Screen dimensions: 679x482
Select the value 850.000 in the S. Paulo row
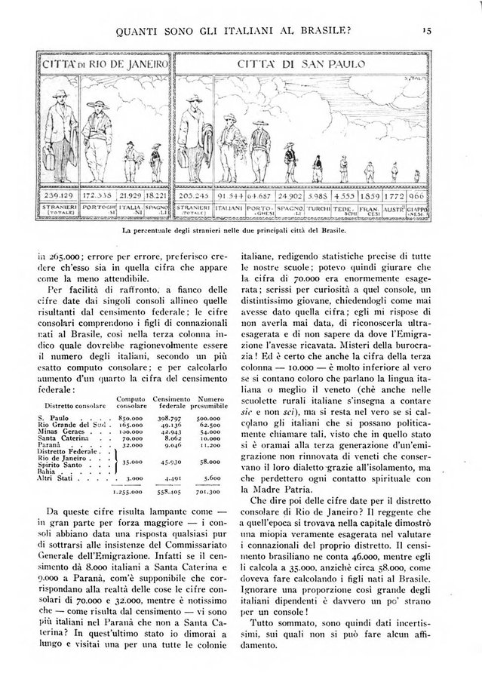pyautogui.click(x=130, y=416)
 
